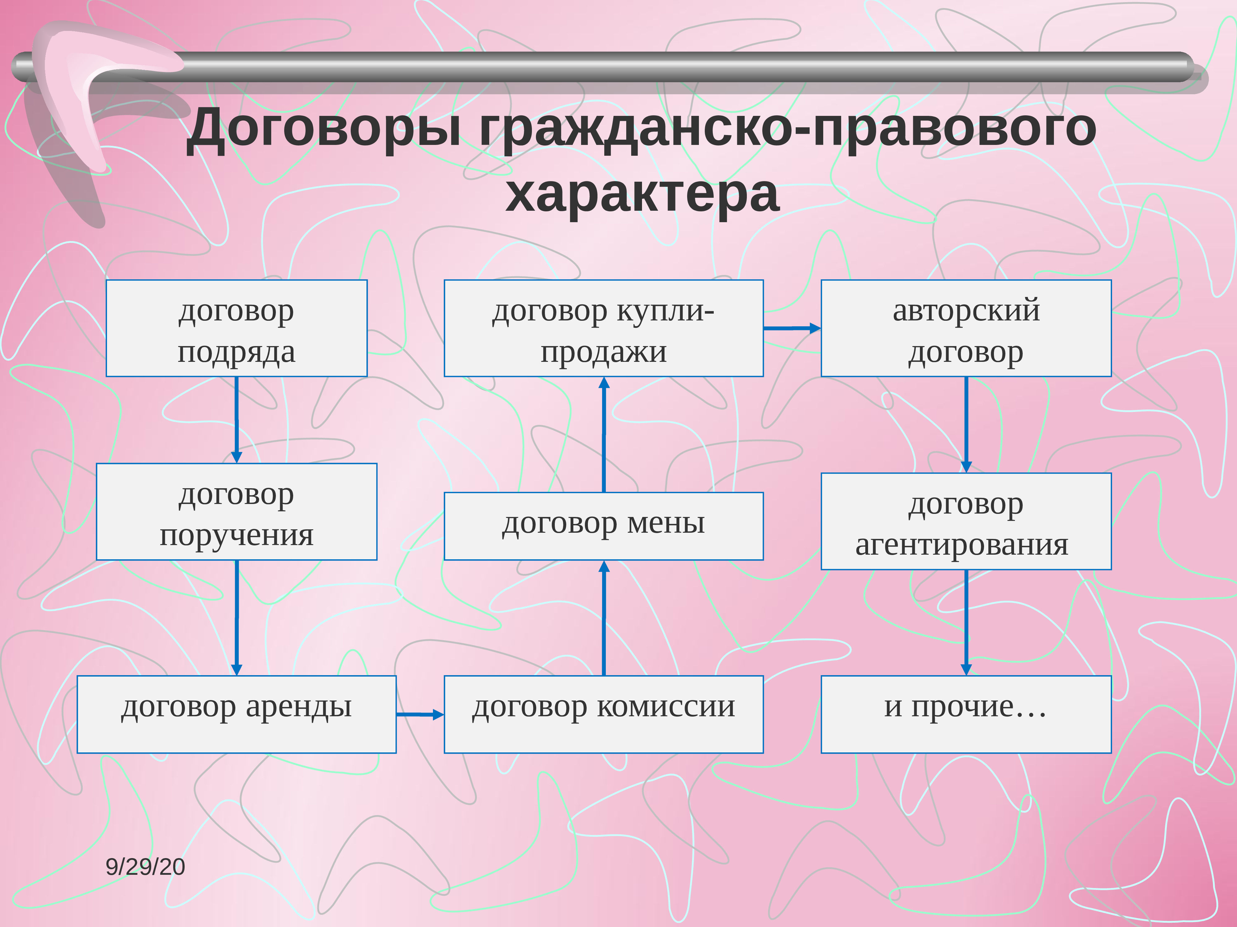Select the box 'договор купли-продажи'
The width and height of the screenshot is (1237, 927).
[x=603, y=328]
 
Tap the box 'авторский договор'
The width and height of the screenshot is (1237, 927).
[x=966, y=328]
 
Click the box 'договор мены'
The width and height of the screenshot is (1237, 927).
[x=603, y=526]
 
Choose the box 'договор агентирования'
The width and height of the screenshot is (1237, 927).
[x=966, y=521]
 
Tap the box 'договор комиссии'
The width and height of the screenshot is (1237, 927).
[x=603, y=714]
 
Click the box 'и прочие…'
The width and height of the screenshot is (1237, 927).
[x=966, y=714]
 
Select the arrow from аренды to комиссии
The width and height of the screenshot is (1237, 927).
[x=419, y=714]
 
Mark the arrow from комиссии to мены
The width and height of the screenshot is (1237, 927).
[x=603, y=617]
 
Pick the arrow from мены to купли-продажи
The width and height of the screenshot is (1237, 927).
[x=603, y=434]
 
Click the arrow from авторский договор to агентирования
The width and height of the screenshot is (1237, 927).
[x=966, y=424]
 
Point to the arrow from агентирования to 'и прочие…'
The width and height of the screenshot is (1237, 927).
[x=966, y=622]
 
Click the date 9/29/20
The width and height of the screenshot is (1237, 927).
[x=145, y=867]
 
